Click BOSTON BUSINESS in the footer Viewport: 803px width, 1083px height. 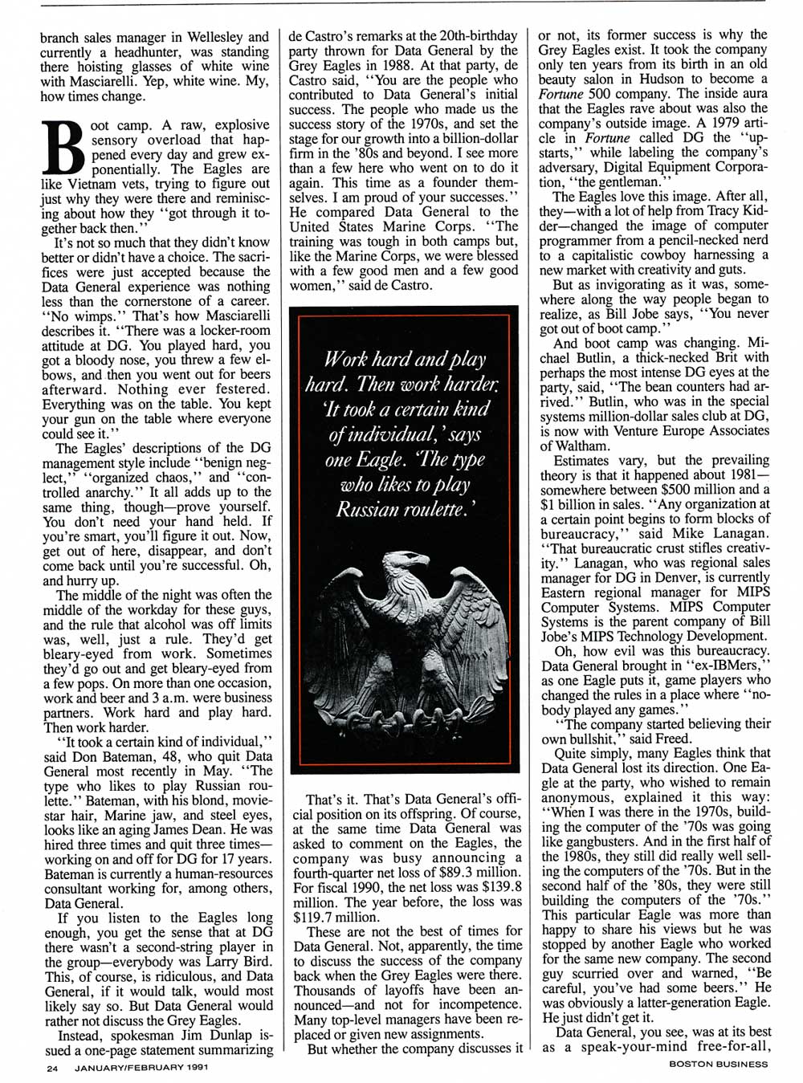718,1065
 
